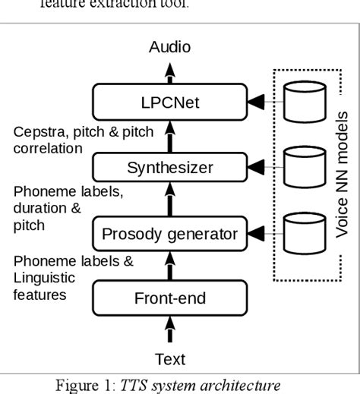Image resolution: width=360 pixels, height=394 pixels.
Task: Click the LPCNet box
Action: (x=170, y=101)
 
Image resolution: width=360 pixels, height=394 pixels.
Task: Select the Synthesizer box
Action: (x=170, y=167)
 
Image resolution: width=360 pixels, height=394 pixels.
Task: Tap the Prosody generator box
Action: (x=170, y=233)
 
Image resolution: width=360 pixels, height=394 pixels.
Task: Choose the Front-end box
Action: (x=170, y=298)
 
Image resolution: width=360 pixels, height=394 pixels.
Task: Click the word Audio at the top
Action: (x=169, y=48)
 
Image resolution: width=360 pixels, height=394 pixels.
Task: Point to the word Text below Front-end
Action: (x=170, y=358)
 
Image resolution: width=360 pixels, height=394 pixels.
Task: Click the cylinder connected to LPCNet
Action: (x=298, y=102)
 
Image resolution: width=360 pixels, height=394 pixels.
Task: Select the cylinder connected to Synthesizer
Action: (x=298, y=166)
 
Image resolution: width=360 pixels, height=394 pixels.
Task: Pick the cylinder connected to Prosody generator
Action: (x=298, y=232)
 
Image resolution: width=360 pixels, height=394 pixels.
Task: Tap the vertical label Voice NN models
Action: (x=342, y=174)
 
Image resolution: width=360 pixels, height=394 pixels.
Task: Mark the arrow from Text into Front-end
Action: (x=170, y=332)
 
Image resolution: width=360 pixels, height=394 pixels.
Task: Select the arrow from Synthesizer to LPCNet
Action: (x=170, y=134)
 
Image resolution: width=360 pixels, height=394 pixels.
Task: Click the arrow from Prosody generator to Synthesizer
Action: (x=170, y=200)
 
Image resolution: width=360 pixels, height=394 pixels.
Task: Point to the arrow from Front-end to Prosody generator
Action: (x=170, y=266)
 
